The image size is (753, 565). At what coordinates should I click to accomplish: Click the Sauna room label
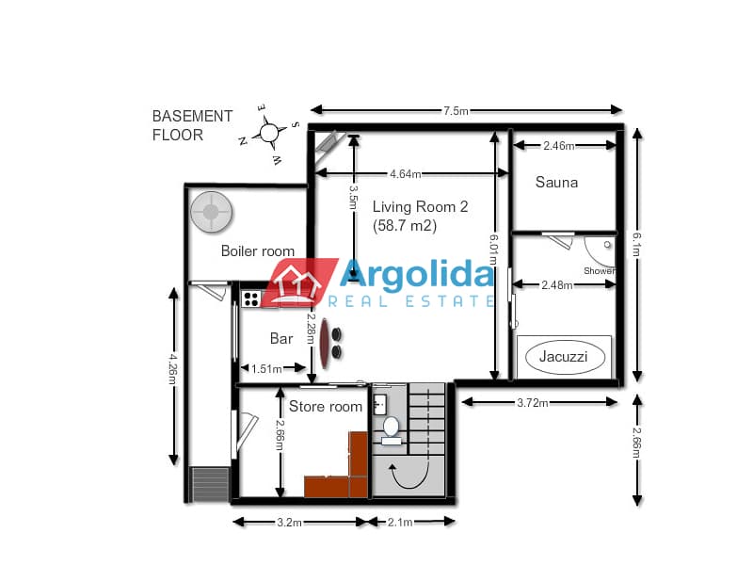click(x=556, y=182)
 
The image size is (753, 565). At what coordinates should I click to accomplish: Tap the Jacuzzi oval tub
click(x=563, y=357)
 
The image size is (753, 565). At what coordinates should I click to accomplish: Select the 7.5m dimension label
click(x=456, y=111)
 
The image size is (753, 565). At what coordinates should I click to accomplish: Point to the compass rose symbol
click(x=269, y=134)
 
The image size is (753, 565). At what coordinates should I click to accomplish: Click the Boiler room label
click(x=258, y=250)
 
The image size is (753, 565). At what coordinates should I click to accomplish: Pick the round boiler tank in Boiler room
click(x=211, y=212)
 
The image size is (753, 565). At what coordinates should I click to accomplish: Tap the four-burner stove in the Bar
click(x=251, y=299)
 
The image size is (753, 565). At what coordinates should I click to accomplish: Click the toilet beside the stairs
click(x=391, y=430)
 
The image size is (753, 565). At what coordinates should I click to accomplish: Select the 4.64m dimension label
click(x=406, y=174)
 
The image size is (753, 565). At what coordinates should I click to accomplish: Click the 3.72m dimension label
click(x=533, y=403)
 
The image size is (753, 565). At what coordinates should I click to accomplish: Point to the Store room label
click(x=326, y=407)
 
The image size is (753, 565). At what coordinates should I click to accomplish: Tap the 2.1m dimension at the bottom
click(x=400, y=523)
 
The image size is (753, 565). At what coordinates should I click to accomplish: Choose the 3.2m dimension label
click(x=289, y=523)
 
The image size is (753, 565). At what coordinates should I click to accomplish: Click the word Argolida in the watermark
click(x=416, y=274)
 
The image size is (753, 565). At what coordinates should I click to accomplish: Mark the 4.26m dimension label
click(x=173, y=369)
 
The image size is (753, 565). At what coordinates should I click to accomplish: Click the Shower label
click(x=600, y=271)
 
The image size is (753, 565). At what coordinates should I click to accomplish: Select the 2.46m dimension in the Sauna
click(x=559, y=146)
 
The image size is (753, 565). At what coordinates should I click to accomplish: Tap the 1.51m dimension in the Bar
click(x=266, y=369)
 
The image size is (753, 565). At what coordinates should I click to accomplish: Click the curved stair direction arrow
click(x=409, y=476)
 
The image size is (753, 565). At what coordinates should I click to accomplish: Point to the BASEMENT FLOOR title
click(x=192, y=125)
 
